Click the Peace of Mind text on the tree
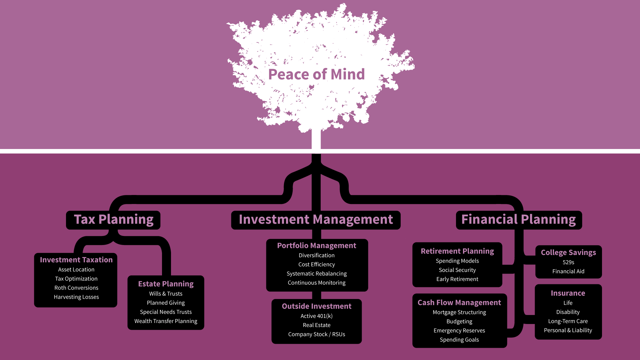[x=316, y=74]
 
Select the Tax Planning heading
[x=113, y=219]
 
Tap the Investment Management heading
[x=316, y=219]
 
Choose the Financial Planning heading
[x=518, y=219]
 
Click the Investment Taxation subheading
[x=76, y=260]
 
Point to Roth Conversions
[x=76, y=288]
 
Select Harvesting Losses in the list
[x=76, y=297]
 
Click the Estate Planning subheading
[x=166, y=284]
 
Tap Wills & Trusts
[x=166, y=293]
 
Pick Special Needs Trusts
[x=166, y=312]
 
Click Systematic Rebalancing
[x=317, y=273]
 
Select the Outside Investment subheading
[x=317, y=306]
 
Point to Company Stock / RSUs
[x=317, y=334]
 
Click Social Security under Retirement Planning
[x=457, y=270]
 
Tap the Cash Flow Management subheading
[x=459, y=302]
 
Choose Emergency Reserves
[x=459, y=330]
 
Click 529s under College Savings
[x=568, y=262]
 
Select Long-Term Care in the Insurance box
[x=568, y=321]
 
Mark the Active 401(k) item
[x=317, y=316]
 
